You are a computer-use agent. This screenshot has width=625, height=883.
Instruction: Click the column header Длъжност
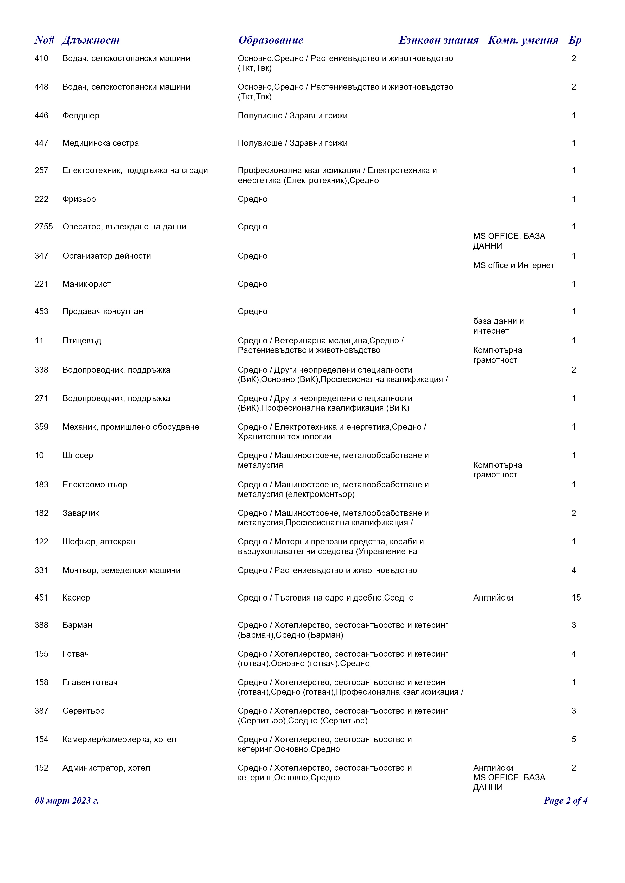[x=90, y=40]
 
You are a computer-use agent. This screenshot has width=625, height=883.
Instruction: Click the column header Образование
[x=271, y=40]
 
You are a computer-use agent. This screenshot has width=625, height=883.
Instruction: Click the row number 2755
[x=44, y=227]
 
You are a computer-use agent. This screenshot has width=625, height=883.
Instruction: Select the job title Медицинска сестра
[x=101, y=143]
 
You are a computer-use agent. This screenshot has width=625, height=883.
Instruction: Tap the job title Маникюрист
[x=87, y=284]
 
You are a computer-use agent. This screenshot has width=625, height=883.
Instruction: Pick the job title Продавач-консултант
[x=105, y=311]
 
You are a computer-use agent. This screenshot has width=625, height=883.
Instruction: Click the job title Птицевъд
[x=82, y=341]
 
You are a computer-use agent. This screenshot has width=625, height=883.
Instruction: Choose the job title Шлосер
[x=78, y=455]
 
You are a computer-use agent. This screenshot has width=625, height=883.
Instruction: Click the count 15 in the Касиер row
[x=576, y=598]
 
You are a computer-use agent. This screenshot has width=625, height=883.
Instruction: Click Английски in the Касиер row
[x=493, y=598]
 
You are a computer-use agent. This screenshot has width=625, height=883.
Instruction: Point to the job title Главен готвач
[x=90, y=682]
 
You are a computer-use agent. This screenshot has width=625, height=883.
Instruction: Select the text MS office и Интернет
[x=514, y=265]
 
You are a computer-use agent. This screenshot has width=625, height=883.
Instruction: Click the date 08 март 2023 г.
[x=67, y=801]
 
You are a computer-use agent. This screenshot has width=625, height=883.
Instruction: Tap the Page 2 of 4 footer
[x=565, y=801]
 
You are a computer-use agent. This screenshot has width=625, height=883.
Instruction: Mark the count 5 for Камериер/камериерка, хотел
[x=573, y=739]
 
